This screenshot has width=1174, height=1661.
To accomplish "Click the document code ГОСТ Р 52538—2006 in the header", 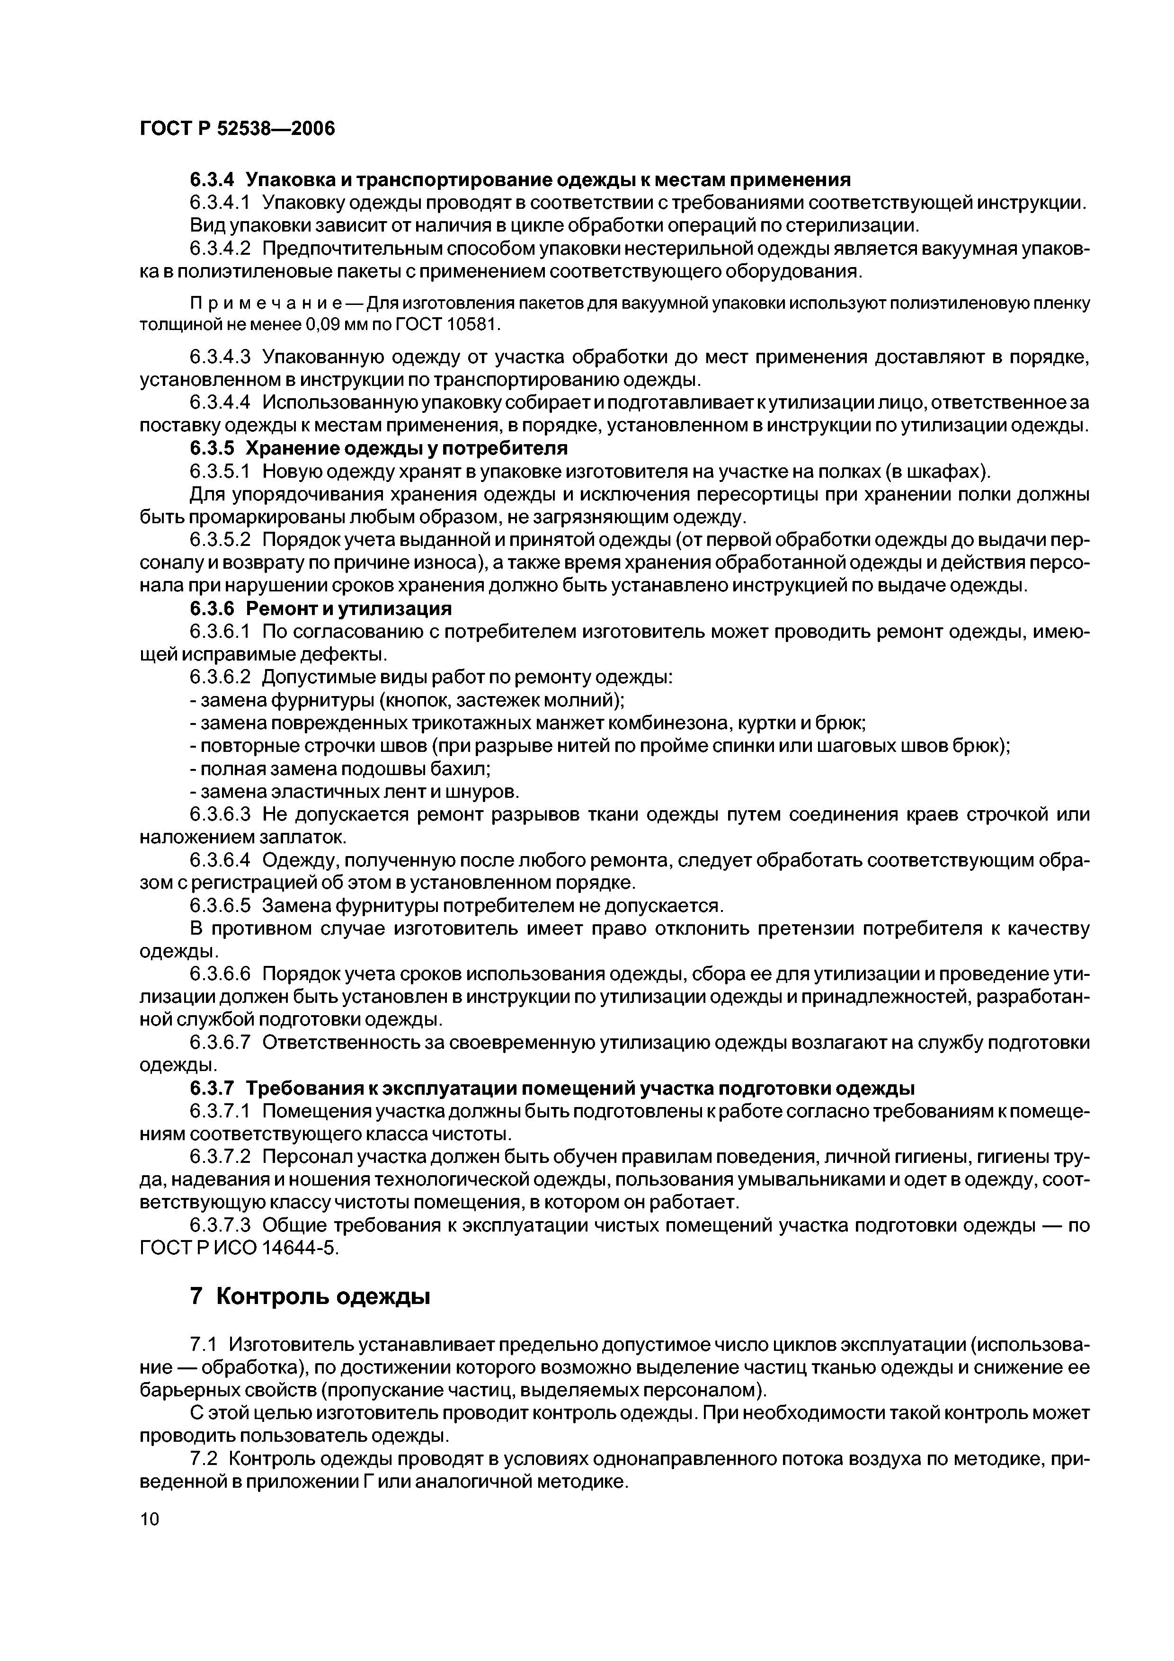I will [237, 129].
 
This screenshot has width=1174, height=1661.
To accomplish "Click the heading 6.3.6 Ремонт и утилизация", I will [320, 608].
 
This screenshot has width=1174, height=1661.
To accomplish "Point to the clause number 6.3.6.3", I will [220, 814].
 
